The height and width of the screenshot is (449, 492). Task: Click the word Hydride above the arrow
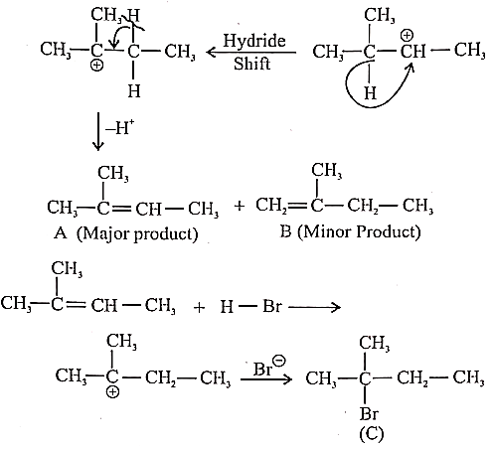[x=254, y=42]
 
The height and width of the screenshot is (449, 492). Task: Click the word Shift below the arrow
[x=251, y=64]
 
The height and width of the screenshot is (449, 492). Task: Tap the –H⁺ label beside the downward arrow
[x=120, y=127]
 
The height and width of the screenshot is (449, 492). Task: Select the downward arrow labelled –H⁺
[x=98, y=131]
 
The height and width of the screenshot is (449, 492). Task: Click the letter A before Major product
[x=61, y=233]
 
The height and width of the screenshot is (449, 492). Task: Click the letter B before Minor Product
[x=285, y=231]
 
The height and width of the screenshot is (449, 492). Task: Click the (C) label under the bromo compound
[x=372, y=433]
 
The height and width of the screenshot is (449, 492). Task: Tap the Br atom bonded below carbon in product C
[x=369, y=413]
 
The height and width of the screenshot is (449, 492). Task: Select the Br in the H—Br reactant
[x=271, y=306]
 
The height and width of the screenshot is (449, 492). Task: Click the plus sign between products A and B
[x=240, y=206]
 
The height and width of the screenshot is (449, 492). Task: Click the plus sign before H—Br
[x=199, y=307]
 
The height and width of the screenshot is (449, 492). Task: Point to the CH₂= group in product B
[x=272, y=206]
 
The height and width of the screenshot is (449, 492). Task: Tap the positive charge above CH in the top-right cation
[x=408, y=35]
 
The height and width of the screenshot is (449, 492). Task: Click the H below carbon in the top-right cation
[x=370, y=92]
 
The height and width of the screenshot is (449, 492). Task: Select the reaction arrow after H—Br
[x=315, y=307]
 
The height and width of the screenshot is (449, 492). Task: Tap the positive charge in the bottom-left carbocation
[x=112, y=392]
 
